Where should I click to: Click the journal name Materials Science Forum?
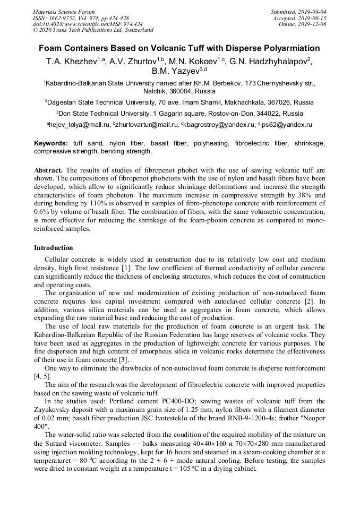[64, 12]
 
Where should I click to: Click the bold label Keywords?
[51, 143]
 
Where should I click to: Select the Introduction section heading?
[54, 247]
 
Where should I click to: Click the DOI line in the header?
[88, 24]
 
